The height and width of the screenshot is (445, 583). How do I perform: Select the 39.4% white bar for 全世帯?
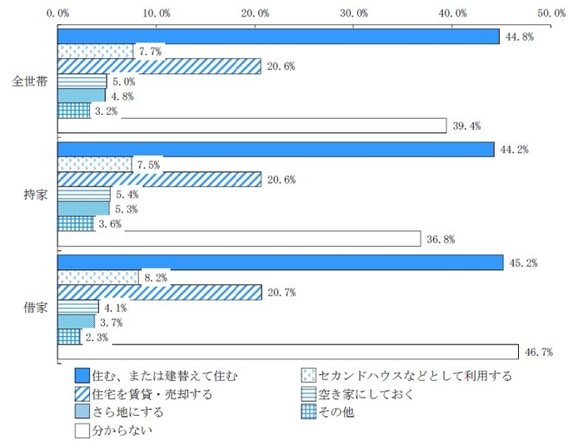(x=252, y=126)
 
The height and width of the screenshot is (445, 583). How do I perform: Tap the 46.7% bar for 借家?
(x=287, y=352)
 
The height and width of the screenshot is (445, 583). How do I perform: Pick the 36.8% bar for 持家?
(x=239, y=239)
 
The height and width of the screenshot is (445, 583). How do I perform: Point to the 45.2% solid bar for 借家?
(x=280, y=263)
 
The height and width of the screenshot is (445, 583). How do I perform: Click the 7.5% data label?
(x=149, y=164)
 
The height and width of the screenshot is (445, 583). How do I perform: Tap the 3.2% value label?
(x=107, y=111)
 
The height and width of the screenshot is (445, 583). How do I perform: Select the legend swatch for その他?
(x=311, y=413)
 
